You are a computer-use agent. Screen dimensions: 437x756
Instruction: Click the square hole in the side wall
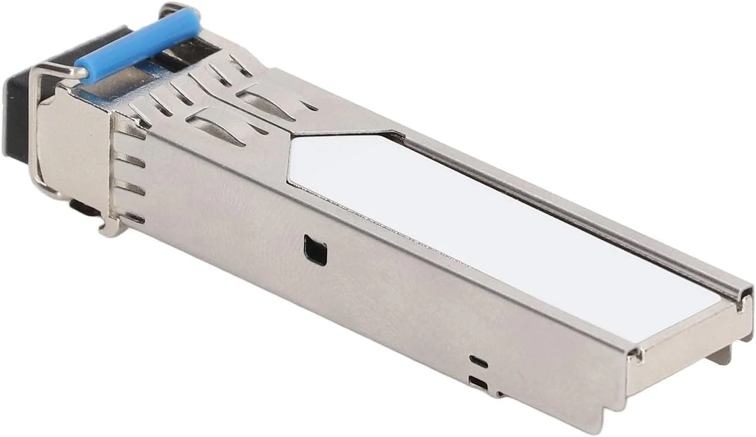point(315,250)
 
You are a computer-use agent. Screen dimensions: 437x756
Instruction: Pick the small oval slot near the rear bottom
point(478,361)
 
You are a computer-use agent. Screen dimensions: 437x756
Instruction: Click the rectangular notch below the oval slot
point(478,383)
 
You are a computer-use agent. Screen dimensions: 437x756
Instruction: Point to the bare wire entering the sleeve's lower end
point(58,70)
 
